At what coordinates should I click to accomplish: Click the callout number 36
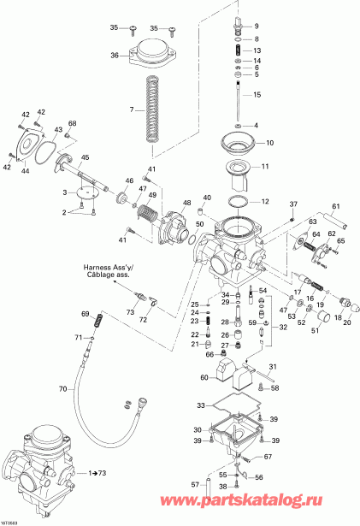click(115, 56)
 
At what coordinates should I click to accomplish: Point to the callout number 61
click(336, 206)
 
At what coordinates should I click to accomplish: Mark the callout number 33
click(200, 405)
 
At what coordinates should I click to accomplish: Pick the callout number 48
click(184, 203)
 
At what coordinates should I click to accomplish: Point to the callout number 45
click(85, 157)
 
